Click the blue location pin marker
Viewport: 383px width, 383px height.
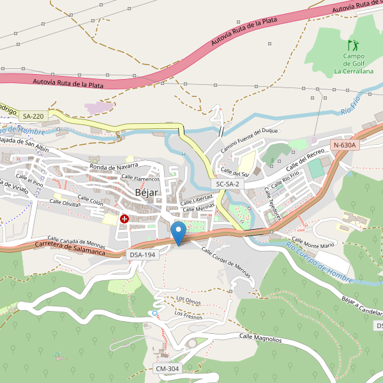179,232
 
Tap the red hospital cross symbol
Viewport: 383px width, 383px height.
124,219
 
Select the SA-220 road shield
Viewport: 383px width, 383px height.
33,116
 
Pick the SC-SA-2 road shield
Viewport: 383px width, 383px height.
227,184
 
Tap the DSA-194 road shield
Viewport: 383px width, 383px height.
142,255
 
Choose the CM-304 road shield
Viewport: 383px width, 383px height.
167,369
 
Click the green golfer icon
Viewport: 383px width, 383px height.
352,45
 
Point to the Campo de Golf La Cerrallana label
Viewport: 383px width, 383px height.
354,64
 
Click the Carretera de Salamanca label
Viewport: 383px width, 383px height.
70,247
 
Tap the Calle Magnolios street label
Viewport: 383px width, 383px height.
260,338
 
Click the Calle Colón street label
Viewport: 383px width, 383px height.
90,201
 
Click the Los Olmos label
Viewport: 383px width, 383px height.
189,299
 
